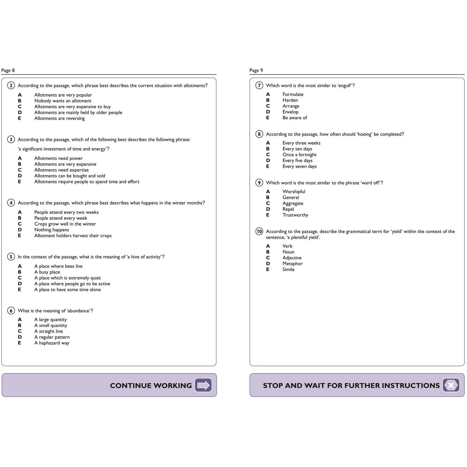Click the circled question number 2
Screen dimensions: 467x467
point(11,86)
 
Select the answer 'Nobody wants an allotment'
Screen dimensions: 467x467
point(63,101)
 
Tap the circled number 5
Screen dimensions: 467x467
point(11,257)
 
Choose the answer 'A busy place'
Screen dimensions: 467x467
point(47,272)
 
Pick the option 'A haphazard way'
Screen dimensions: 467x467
point(52,343)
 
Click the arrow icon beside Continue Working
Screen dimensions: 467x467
point(203,385)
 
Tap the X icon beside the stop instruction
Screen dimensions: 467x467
point(451,385)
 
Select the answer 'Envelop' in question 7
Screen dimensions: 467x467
point(290,112)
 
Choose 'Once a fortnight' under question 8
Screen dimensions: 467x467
point(299,155)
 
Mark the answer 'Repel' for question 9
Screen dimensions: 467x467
point(288,209)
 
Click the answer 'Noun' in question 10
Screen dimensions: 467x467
point(288,252)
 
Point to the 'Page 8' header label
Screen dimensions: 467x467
point(8,70)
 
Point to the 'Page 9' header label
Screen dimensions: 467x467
point(256,70)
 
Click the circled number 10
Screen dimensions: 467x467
point(259,232)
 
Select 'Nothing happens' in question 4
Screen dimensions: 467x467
point(52,230)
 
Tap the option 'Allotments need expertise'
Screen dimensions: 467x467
point(61,170)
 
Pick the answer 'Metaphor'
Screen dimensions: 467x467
point(293,264)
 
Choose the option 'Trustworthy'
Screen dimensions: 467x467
point(295,215)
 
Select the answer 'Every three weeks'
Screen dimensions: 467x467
point(301,143)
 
